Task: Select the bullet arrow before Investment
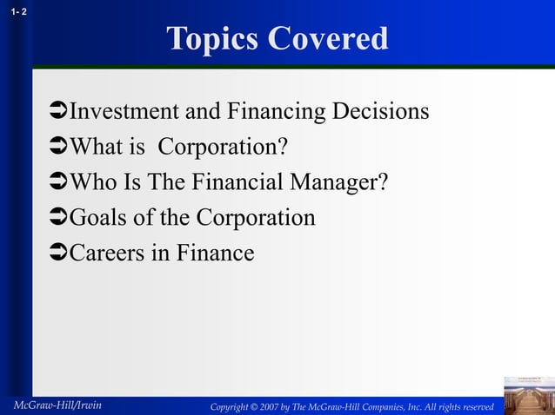(58, 113)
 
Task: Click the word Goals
(97, 218)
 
